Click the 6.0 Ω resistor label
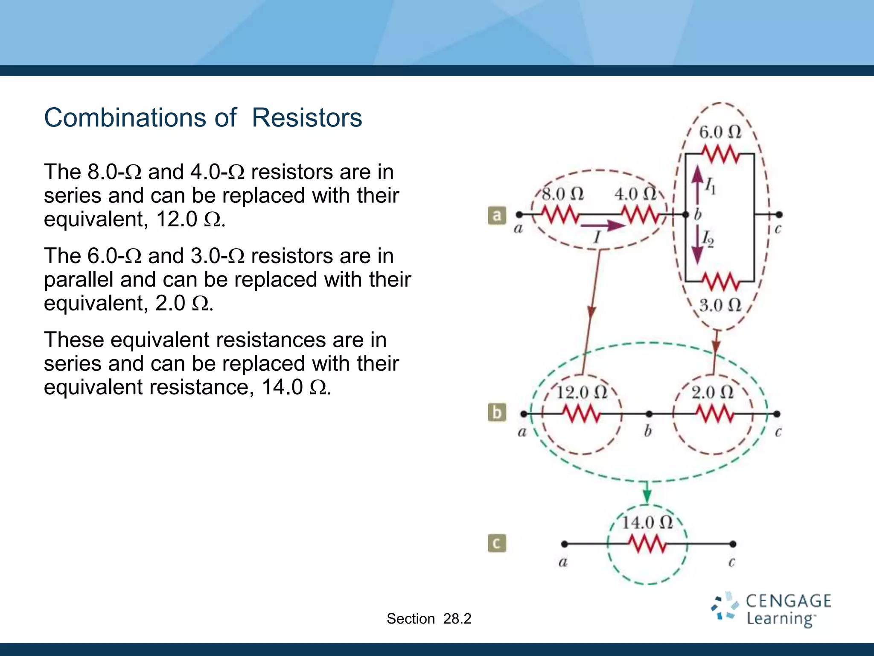coord(720,132)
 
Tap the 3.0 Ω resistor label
coord(720,305)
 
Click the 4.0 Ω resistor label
coord(635,194)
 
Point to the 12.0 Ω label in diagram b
coord(582,392)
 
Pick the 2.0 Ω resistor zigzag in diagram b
coord(715,414)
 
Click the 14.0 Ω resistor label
coord(647,522)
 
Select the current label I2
coord(708,239)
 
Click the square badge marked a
coord(497,216)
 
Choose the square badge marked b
coord(497,413)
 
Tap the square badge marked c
coord(497,543)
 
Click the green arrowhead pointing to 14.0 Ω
coord(647,496)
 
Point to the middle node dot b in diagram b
coord(649,414)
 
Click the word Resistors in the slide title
coord(306,117)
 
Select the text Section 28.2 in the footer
coord(428,618)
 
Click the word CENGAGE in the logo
coord(788,601)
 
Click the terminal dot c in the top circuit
coord(779,214)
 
